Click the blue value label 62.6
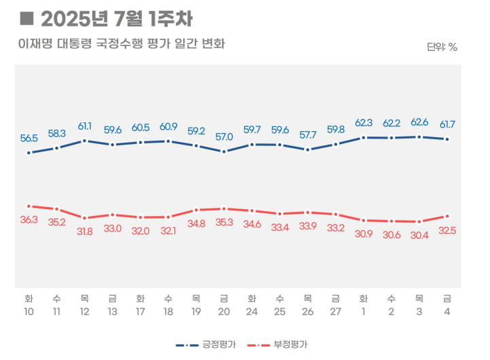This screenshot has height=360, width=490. [x=419, y=122]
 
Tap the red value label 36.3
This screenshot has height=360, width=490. [x=29, y=219]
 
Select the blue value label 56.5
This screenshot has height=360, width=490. [x=29, y=138]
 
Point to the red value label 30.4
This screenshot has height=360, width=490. [x=419, y=235]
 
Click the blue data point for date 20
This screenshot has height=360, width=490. [x=224, y=152]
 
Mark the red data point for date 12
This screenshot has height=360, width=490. [x=84, y=218]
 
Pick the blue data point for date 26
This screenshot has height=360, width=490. [x=308, y=150]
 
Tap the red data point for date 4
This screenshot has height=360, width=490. [x=447, y=216]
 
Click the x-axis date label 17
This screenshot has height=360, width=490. [x=140, y=312]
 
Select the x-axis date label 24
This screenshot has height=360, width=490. [x=252, y=312]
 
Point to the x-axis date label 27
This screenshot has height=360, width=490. [x=336, y=312]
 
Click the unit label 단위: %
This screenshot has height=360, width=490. [x=442, y=48]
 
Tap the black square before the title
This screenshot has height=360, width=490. [x=27, y=18]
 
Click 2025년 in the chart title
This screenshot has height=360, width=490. [x=75, y=19]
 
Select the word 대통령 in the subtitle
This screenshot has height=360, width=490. [x=75, y=43]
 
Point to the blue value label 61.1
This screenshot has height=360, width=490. [x=85, y=126]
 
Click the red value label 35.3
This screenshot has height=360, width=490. [x=224, y=222]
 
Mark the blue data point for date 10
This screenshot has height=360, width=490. [x=29, y=153]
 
